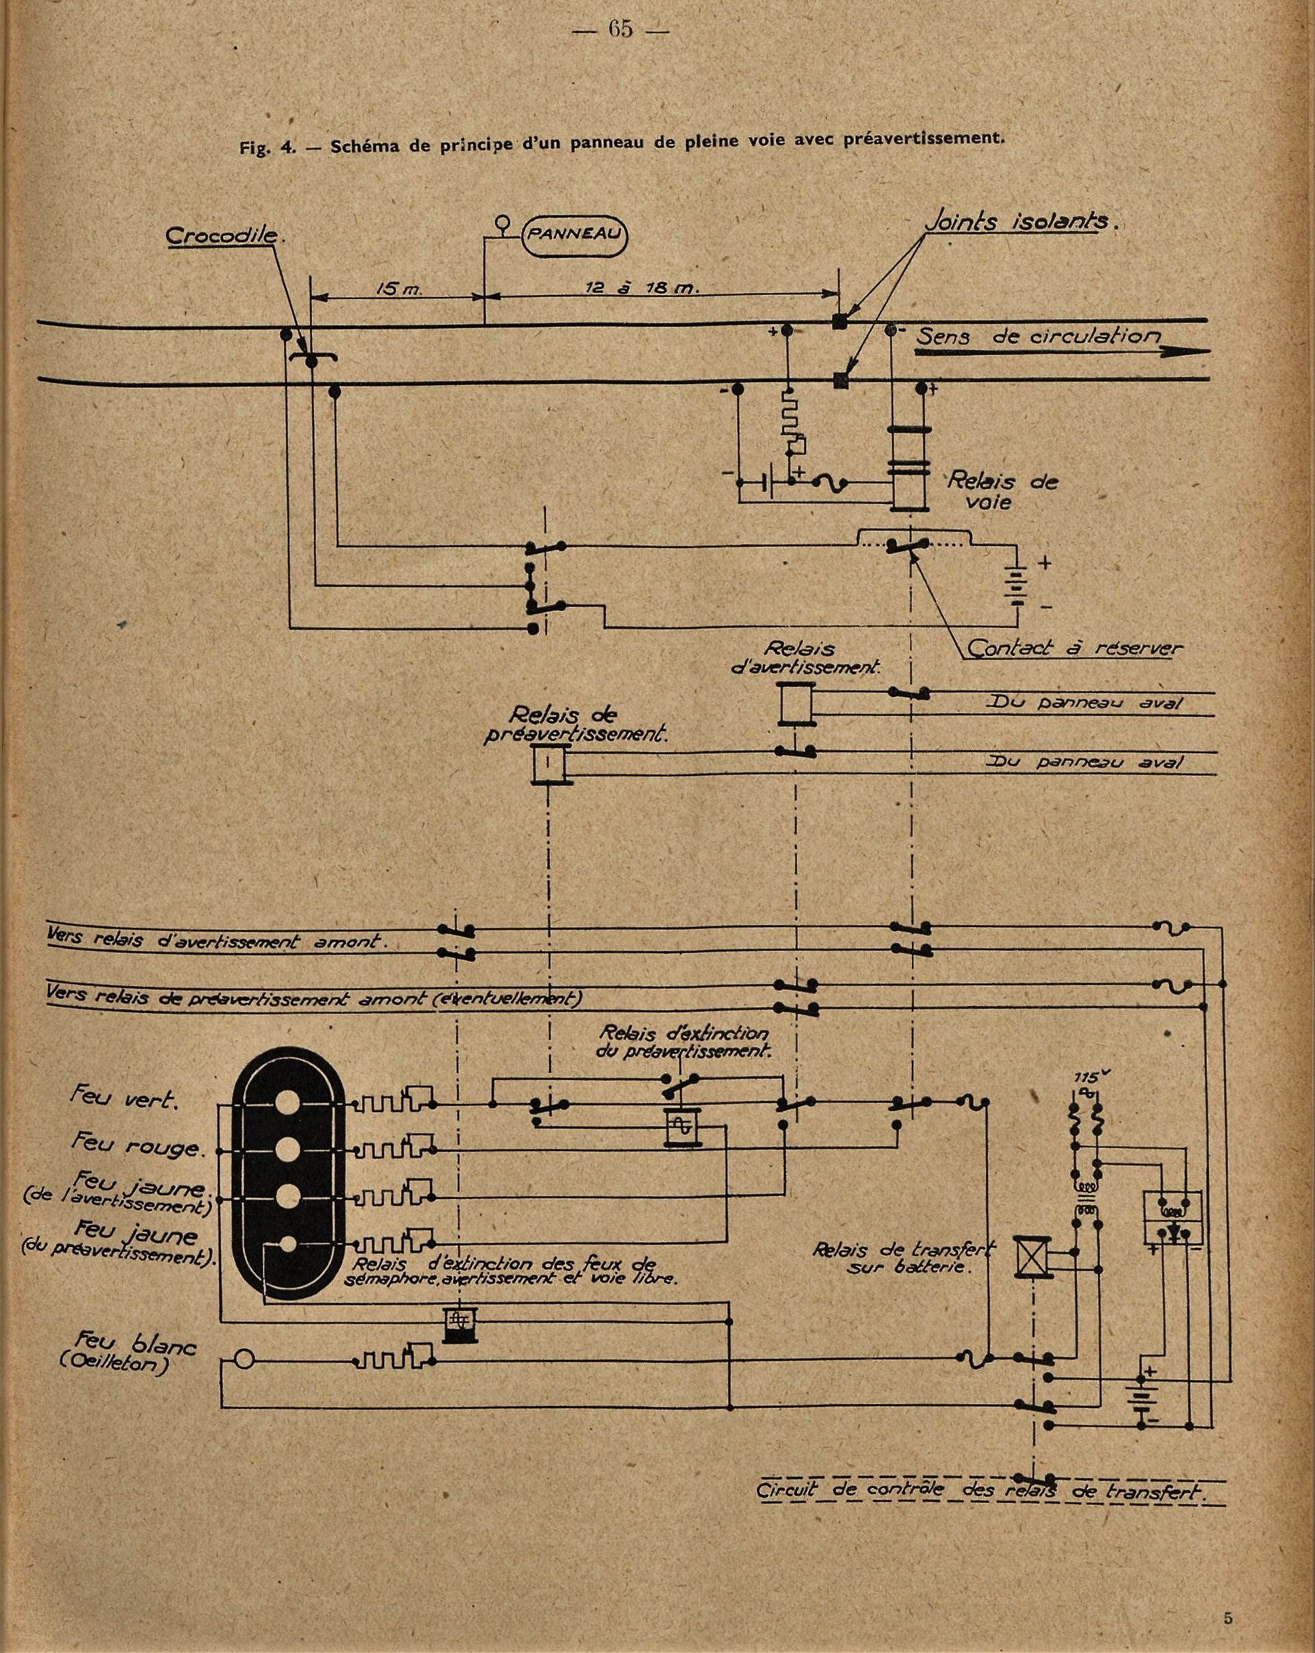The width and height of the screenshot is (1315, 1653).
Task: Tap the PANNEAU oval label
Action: click(x=574, y=235)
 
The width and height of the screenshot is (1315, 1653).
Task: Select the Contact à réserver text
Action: click(x=1073, y=648)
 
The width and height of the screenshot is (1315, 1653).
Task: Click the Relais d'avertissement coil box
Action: click(x=795, y=704)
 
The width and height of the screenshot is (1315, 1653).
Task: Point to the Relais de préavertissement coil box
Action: click(x=548, y=764)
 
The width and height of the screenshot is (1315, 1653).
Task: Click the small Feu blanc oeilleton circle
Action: click(x=244, y=1361)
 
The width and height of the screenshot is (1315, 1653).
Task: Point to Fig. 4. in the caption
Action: click(x=268, y=148)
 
